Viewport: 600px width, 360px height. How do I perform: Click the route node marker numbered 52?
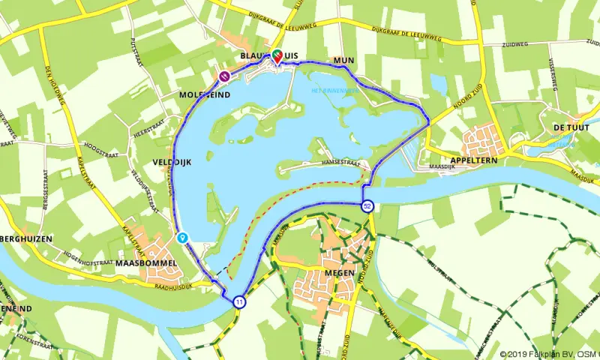coord(367,206)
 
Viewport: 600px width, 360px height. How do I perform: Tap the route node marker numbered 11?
coord(238,301)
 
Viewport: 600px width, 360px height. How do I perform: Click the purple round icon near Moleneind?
coord(223,75)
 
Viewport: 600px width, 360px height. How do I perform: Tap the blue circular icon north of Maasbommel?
coord(182,237)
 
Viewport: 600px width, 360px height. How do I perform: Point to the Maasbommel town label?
coord(146,264)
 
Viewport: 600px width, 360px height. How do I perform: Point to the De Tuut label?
coord(567,128)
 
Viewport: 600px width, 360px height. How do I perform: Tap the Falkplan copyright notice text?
coord(549,354)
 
